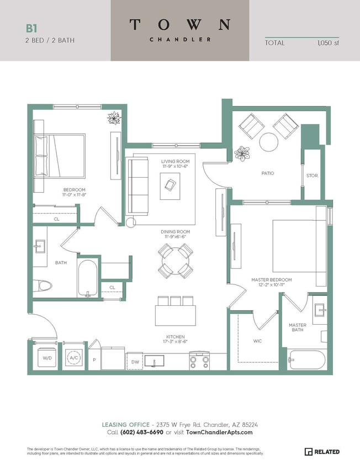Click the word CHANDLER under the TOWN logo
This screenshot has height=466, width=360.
[179, 39]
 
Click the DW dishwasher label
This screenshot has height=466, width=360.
[135, 362]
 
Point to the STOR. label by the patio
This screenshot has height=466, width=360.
[312, 176]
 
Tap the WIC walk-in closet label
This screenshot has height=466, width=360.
[258, 341]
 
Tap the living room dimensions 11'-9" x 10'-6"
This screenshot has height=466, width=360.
[175, 166]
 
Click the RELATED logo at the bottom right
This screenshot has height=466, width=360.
[323, 452]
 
